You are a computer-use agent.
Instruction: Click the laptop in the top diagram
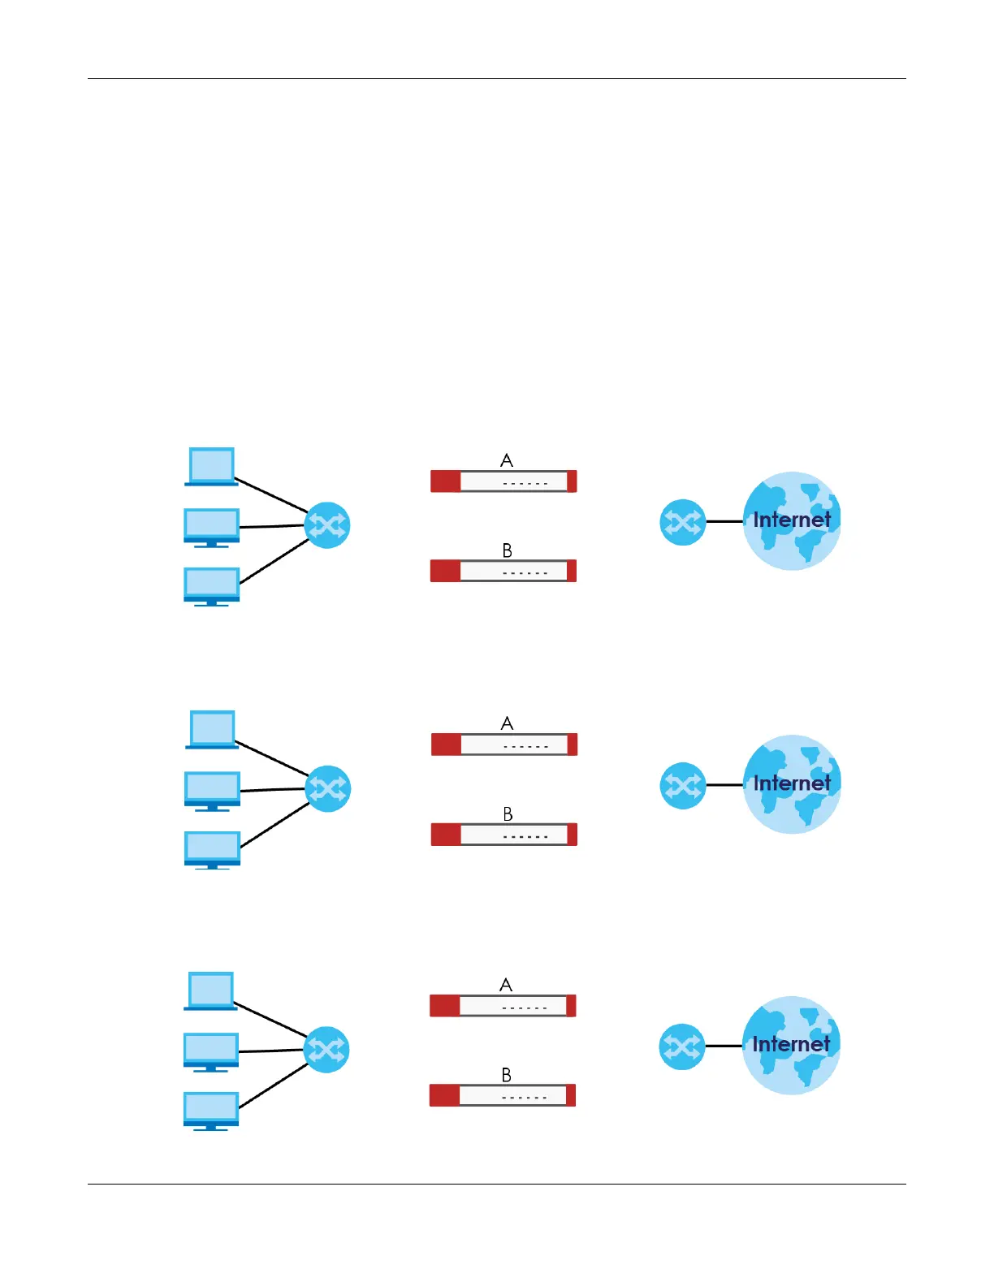point(211,466)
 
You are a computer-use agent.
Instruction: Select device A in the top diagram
point(503,481)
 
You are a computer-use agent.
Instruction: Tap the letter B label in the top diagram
point(508,550)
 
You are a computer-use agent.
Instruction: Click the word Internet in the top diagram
point(792,520)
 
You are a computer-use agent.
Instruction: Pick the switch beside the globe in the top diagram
point(682,522)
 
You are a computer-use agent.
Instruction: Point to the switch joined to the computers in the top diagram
point(327,525)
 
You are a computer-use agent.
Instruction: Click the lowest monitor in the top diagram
point(211,586)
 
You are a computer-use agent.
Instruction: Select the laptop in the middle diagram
point(212,729)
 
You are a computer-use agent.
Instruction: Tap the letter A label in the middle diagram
point(508,723)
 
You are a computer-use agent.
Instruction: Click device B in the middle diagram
point(503,835)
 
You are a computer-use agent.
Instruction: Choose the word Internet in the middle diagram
point(792,783)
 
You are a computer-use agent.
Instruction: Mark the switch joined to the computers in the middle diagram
point(328,788)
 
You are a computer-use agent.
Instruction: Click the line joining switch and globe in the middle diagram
point(724,785)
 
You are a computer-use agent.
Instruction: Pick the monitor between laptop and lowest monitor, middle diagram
point(212,790)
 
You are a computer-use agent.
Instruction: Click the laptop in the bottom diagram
point(210,990)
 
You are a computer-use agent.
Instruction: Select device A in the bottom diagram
point(503,1006)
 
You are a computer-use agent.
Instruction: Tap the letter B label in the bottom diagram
point(507,1075)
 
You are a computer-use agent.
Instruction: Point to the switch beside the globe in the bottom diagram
point(681,1046)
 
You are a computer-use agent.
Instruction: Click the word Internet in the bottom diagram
point(791,1044)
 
